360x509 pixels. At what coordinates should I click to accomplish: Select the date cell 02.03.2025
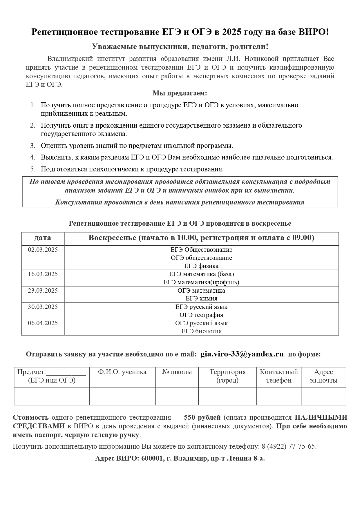click(x=43, y=250)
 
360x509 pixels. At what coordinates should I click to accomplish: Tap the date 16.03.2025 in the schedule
click(x=43, y=274)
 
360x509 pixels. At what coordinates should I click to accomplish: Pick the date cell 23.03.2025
click(x=43, y=291)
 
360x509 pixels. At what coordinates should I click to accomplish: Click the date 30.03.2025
click(x=43, y=307)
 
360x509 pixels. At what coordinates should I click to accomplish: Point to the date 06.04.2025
click(x=43, y=323)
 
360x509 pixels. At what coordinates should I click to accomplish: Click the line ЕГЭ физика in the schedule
click(x=201, y=266)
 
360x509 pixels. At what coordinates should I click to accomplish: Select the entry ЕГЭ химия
click(x=201, y=298)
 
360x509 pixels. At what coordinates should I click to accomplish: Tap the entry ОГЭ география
click(x=201, y=315)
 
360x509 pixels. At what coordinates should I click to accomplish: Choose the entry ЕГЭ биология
click(x=201, y=331)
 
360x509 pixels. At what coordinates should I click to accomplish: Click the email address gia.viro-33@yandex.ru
click(x=242, y=354)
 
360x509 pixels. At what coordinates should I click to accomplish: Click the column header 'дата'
click(x=43, y=238)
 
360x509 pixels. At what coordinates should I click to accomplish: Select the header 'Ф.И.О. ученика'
click(x=122, y=372)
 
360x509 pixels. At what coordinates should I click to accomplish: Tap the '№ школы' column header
click(x=177, y=372)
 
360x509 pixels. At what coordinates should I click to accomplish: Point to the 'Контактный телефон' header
click(x=279, y=376)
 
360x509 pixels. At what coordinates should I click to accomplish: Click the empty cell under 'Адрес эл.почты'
click(x=323, y=396)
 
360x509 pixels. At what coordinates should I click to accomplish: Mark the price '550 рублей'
click(x=202, y=418)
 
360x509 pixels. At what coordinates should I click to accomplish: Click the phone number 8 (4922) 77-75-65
click(x=288, y=446)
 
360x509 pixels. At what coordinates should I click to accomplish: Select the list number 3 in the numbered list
click(x=33, y=146)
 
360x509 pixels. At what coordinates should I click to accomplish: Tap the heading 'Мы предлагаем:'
click(x=180, y=93)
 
